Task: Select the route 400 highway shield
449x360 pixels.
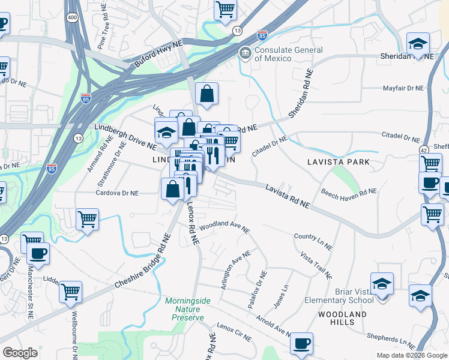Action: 72,18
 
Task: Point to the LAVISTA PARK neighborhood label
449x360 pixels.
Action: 338,163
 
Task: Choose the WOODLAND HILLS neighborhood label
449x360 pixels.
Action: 342,319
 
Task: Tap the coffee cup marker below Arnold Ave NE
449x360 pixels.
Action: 301,344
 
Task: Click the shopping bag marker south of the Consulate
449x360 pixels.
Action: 206,94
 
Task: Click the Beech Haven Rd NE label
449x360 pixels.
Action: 348,192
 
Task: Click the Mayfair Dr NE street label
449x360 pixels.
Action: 403,88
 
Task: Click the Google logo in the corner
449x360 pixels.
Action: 20,353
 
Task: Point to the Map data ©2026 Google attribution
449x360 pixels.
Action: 411,355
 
